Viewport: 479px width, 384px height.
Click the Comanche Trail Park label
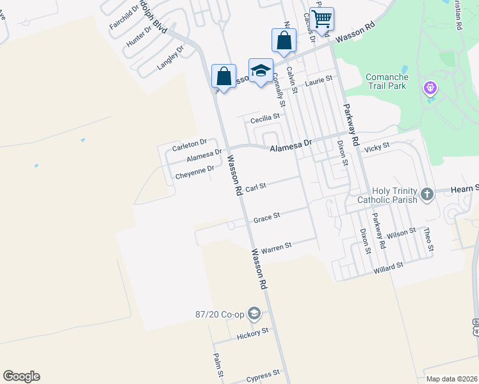(x=390, y=82)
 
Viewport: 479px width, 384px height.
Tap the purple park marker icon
(x=429, y=88)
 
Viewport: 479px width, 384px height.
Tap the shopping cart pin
(x=321, y=19)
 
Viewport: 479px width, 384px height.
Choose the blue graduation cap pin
(x=261, y=71)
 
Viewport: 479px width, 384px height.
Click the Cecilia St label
(x=265, y=117)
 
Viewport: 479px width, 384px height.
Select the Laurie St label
(x=319, y=81)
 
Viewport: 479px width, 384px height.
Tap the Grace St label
(x=266, y=218)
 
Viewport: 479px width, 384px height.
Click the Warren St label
(x=276, y=246)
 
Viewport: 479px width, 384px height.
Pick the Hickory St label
(x=252, y=333)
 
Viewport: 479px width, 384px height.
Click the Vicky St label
(x=377, y=148)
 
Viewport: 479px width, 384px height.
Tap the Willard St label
(x=388, y=267)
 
